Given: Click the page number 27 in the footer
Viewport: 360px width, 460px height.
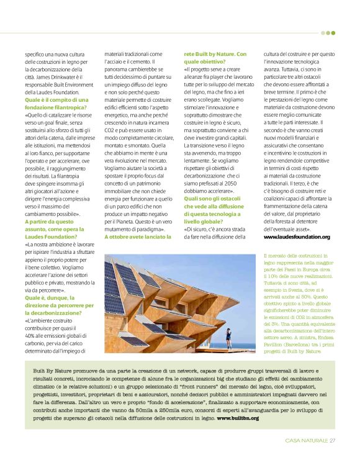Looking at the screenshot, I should coord(332,441).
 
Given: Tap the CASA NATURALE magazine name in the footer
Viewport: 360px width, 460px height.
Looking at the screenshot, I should coord(306,441).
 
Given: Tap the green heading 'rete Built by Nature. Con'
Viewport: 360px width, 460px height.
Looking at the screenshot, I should coord(215,54).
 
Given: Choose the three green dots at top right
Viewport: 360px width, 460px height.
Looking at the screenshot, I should coord(327,32).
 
